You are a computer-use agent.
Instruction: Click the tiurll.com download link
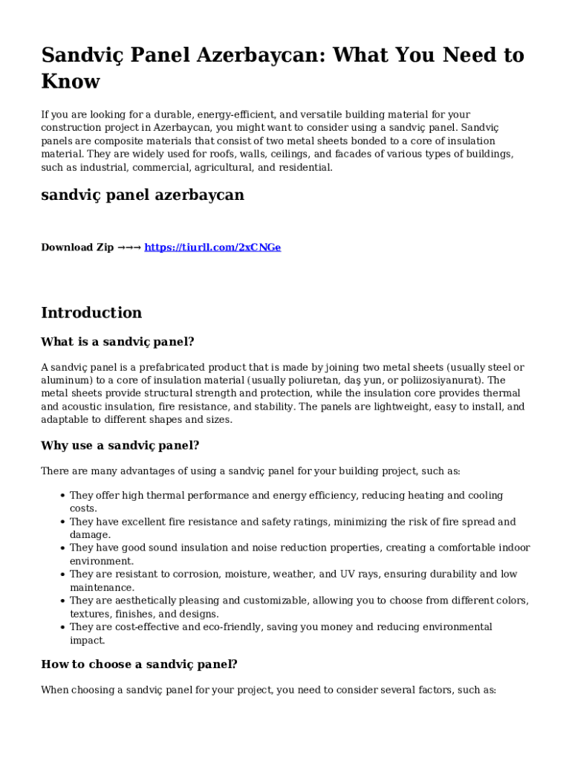pyautogui.click(x=212, y=247)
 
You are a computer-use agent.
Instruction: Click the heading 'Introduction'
pyautogui.click(x=91, y=313)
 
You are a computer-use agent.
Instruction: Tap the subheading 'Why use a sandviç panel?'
pyautogui.click(x=120, y=446)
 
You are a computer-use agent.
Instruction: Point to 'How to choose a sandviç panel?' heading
pyautogui.click(x=139, y=664)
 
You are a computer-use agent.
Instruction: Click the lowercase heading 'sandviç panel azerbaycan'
pyautogui.click(x=142, y=195)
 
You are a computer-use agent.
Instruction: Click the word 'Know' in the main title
pyautogui.click(x=71, y=81)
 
